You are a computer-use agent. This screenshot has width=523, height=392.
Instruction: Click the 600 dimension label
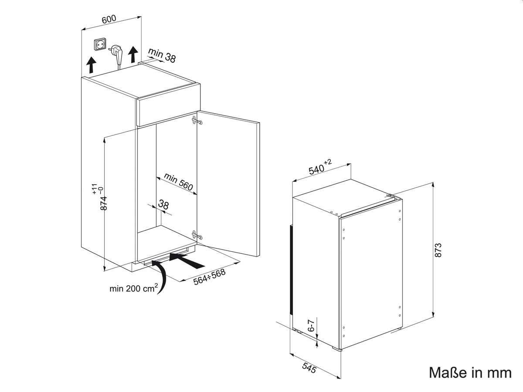(x=109, y=19)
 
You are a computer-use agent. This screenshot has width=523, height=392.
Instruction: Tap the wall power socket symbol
(x=100, y=44)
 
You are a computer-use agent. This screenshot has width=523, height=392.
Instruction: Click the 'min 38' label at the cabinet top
(x=162, y=56)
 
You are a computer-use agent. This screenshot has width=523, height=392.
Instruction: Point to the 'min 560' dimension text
(x=178, y=182)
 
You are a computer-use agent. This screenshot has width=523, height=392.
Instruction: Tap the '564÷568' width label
(x=209, y=277)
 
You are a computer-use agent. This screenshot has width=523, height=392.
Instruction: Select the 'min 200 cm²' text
(x=133, y=288)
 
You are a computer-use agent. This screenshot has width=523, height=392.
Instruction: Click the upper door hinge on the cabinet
(x=197, y=121)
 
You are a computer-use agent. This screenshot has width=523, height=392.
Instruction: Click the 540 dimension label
(x=320, y=167)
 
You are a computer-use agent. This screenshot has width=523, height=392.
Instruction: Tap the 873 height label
(x=438, y=250)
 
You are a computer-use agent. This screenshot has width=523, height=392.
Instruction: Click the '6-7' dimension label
(x=311, y=326)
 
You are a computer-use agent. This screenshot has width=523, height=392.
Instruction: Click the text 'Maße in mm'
(x=470, y=372)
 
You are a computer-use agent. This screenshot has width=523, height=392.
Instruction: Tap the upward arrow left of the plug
(x=91, y=65)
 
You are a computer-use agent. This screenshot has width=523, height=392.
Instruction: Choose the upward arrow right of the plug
(x=133, y=54)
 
